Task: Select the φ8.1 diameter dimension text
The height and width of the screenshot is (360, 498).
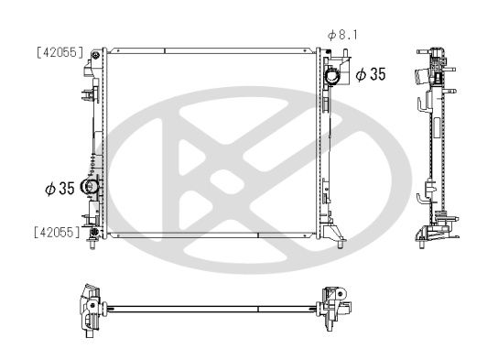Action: point(342,35)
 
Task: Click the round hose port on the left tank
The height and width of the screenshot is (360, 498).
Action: point(90,188)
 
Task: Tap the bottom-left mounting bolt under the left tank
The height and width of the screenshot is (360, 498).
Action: point(94,245)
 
